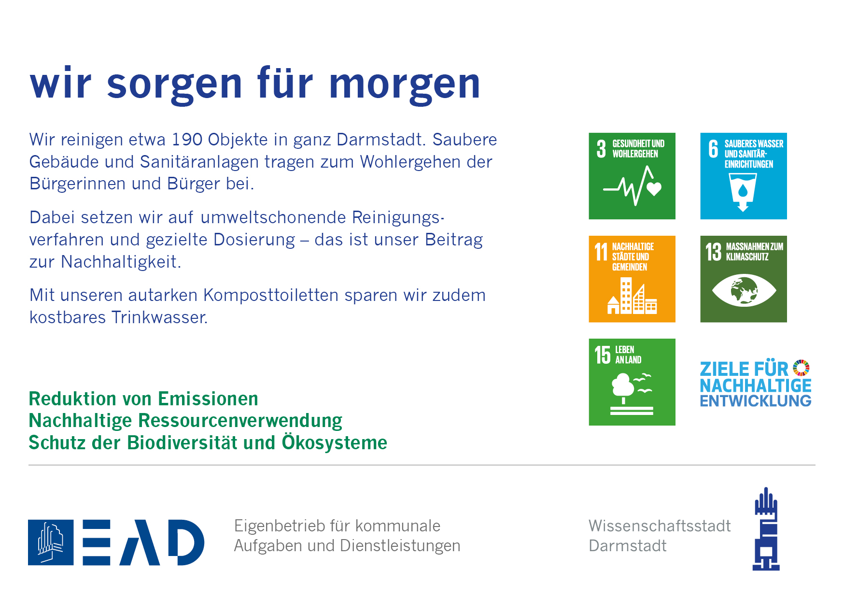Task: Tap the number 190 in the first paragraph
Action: click(187, 140)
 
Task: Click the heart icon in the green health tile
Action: click(654, 188)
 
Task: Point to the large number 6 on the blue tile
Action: click(713, 149)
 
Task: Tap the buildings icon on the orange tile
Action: click(632, 296)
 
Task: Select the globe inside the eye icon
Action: click(744, 290)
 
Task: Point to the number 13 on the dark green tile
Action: click(713, 252)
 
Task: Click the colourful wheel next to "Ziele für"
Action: click(801, 368)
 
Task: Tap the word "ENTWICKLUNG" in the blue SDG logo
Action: click(756, 401)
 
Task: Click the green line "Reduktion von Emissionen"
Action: click(143, 399)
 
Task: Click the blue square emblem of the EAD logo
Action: click(51, 542)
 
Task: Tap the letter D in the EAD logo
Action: click(186, 542)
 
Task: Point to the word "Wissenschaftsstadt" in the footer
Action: click(660, 526)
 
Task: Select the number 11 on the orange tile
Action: click(601, 252)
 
